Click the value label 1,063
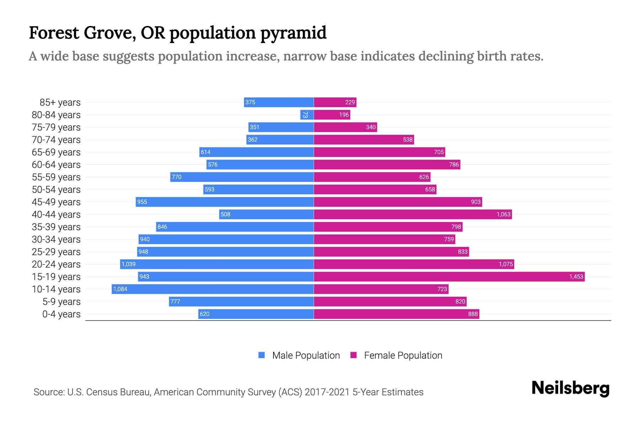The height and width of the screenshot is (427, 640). tap(503, 214)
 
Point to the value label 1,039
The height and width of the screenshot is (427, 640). tap(128, 264)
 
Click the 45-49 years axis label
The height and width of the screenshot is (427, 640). tap(56, 202)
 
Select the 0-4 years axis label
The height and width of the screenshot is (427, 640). tap(61, 314)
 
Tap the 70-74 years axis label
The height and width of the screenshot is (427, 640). tap(56, 139)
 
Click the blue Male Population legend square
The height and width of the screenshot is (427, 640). tap(262, 355)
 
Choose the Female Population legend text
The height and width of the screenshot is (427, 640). tap(403, 355)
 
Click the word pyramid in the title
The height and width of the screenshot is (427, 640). tap(293, 33)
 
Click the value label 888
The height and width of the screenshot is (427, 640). tap(473, 314)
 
